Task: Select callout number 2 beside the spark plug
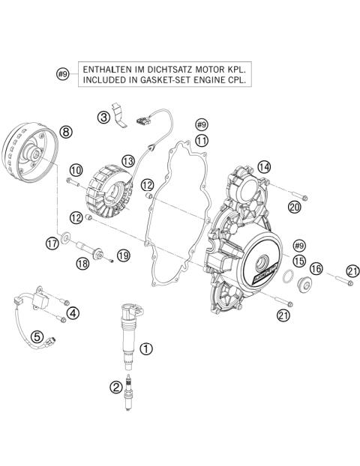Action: click(115, 387)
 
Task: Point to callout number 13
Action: click(128, 160)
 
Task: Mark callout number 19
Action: click(123, 255)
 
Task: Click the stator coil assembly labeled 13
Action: click(109, 194)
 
